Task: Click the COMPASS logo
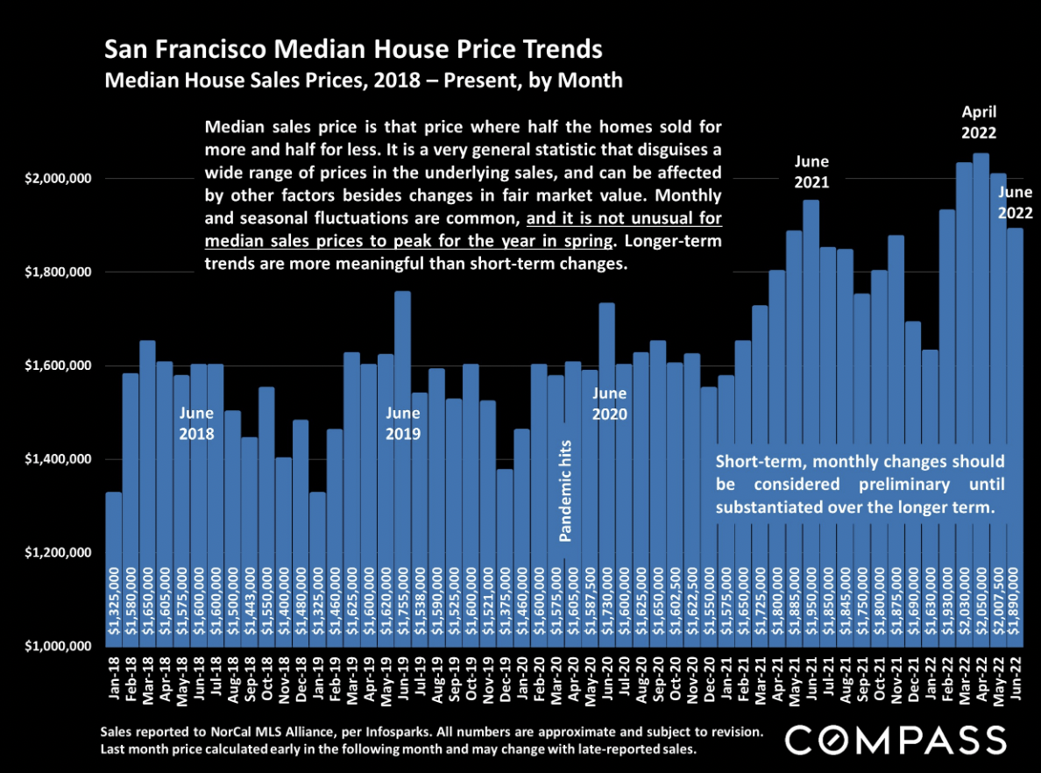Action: tap(894, 741)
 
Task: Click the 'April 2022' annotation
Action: tap(980, 123)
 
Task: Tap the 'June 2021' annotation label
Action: tap(811, 173)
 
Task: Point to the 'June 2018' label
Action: tap(196, 422)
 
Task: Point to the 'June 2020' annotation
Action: tap(610, 405)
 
